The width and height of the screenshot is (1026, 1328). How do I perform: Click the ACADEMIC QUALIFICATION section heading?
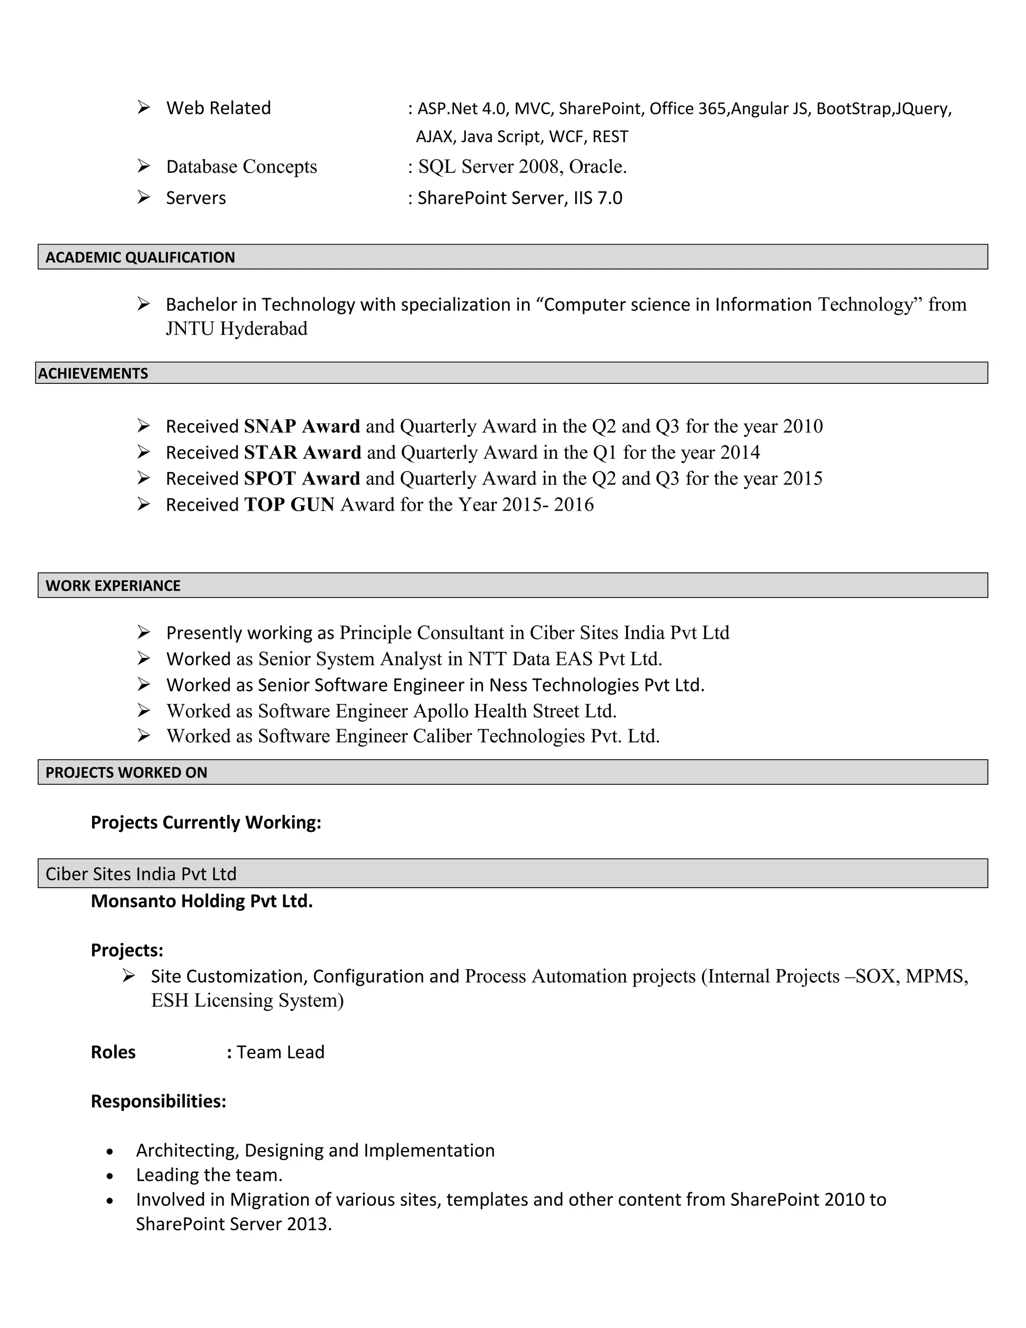(140, 257)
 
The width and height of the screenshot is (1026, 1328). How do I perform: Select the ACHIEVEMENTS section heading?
(93, 373)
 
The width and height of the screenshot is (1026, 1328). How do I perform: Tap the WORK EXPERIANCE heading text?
(113, 585)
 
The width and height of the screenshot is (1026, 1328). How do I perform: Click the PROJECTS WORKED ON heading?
(126, 772)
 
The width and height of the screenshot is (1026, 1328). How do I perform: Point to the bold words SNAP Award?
(302, 426)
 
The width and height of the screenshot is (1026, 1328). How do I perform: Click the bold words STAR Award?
(303, 453)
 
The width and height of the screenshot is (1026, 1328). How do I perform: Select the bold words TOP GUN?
(290, 505)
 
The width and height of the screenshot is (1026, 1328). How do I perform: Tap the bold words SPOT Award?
(302, 479)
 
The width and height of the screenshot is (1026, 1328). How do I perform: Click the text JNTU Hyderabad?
(236, 328)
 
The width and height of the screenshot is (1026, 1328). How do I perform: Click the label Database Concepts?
(241, 166)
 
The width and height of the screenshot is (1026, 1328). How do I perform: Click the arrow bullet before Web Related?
(143, 108)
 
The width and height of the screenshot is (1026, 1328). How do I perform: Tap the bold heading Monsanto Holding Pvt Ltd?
(202, 901)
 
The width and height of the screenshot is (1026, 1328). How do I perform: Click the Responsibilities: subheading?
(159, 1101)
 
